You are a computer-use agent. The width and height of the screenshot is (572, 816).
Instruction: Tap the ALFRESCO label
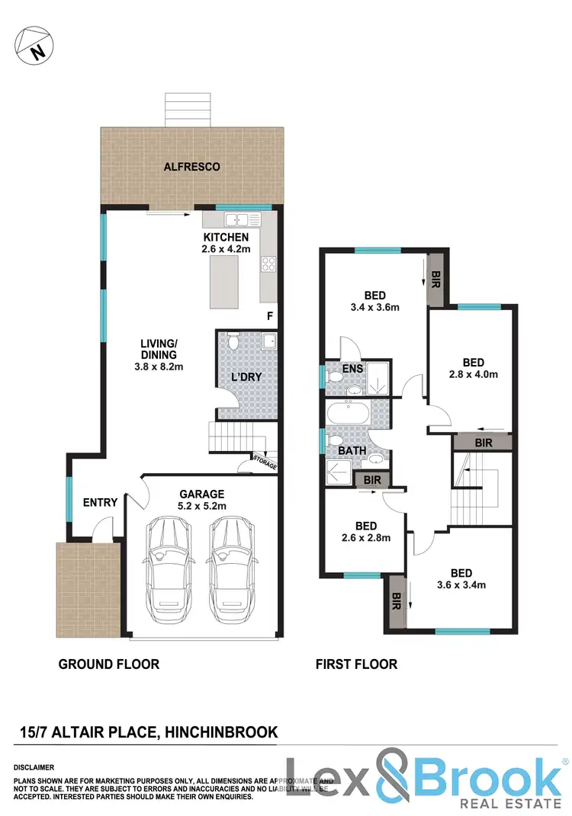click(x=191, y=166)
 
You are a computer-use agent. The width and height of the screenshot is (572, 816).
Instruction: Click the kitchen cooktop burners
click(x=269, y=264)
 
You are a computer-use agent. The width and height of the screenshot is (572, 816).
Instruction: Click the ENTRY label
click(x=100, y=502)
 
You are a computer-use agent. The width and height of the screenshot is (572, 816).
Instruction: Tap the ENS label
click(x=352, y=369)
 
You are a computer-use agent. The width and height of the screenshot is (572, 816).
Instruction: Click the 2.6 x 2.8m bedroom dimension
click(x=365, y=539)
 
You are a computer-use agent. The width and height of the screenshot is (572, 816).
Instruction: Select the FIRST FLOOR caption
click(x=356, y=664)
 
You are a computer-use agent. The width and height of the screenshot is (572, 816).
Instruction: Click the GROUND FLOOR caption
click(x=109, y=664)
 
